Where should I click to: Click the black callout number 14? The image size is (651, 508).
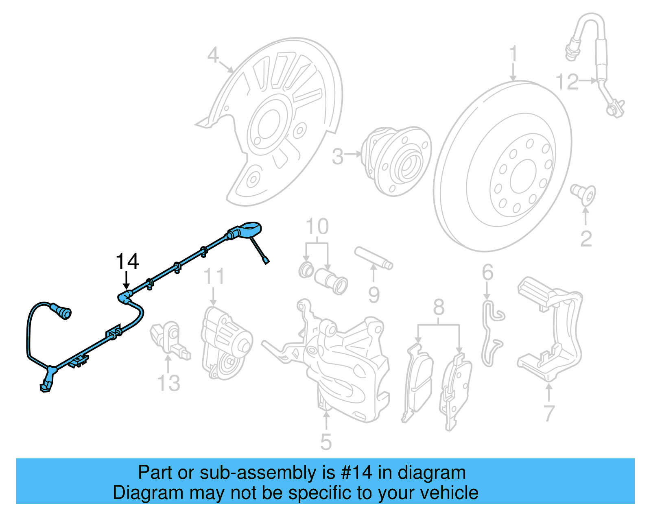127,262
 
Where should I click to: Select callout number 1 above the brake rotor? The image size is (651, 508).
513,54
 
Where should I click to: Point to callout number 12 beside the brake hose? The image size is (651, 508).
567,82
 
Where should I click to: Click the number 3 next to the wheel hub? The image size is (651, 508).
338,157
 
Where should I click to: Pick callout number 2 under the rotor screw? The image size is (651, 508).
586,239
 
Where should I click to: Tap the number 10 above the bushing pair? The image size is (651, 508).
317,227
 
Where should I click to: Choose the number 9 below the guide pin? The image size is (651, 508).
374,295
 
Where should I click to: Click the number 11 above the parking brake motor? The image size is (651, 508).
214,277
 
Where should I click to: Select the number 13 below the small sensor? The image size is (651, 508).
168,383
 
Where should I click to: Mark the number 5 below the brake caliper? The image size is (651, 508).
326,442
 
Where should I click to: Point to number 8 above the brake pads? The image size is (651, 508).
439,307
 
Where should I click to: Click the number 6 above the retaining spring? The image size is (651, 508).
487,272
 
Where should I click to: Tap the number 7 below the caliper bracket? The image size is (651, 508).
549,413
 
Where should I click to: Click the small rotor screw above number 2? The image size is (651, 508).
583,193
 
